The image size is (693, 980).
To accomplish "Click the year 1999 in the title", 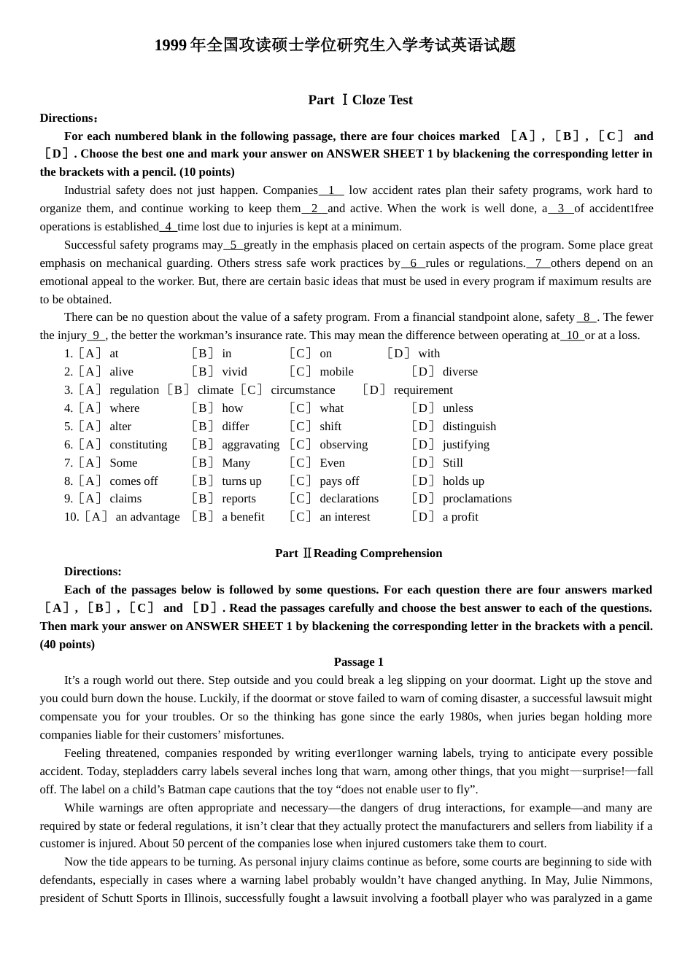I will coord(171,45).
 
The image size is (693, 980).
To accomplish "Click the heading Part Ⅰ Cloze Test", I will coord(360,100).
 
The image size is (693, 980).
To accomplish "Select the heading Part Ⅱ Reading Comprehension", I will coord(358,553).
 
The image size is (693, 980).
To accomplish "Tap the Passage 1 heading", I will coord(358,662).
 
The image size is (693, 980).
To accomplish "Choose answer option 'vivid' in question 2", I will coord(234,372).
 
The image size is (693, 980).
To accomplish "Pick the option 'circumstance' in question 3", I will coord(303,390).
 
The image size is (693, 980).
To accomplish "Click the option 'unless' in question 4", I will coord(457,408).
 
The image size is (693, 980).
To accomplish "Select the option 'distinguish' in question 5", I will coord(469,427).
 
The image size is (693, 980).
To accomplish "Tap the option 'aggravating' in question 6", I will coord(250,445).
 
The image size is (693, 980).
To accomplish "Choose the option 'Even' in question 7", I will coord(332,463).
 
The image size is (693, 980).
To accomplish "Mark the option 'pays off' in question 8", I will coord(339,481).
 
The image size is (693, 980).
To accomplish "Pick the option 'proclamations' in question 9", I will coord(477,499).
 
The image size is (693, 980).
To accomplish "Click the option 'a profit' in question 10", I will coord(460,517).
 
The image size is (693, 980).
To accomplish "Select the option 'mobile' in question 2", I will coord(336,372).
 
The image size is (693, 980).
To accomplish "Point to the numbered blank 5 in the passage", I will coord(233,245).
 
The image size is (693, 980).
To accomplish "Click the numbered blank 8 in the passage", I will coord(586,317).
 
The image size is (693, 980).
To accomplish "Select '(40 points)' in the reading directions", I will coord(67,645).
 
